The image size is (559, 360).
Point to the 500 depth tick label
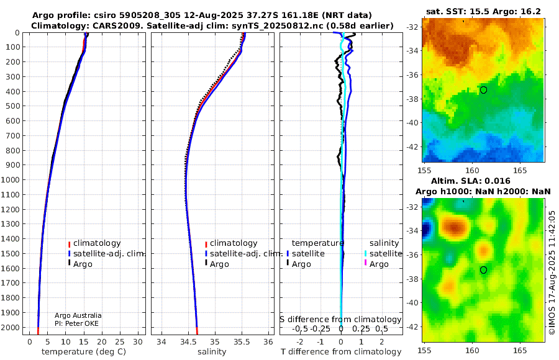coord(12,106)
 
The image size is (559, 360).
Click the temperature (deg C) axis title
coord(84,352)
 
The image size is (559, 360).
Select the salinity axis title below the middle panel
coord(212,352)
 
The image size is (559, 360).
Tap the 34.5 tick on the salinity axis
coord(188,342)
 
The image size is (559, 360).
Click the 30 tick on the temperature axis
coord(138,342)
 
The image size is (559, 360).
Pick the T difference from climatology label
coord(341,352)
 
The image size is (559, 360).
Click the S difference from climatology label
coord(340,319)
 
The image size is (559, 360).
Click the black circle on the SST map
coord(483,90)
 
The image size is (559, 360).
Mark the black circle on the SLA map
coord(483,270)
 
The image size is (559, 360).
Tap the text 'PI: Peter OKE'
coord(76,323)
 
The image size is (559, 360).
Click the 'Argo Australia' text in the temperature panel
coord(78,315)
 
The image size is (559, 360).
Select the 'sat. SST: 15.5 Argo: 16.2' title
coord(483,11)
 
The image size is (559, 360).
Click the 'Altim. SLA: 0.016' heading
coord(471,181)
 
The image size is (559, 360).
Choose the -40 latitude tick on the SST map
coord(412,123)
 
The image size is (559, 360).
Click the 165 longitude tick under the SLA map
coord(520,350)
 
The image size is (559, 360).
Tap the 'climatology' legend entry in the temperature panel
coord(94,243)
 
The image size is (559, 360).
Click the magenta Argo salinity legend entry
coord(376,264)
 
